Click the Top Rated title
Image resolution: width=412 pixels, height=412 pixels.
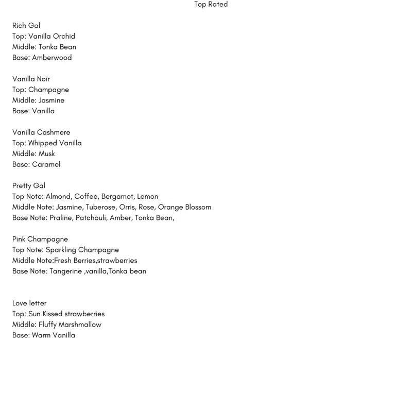211,5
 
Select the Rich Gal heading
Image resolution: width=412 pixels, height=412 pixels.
26,26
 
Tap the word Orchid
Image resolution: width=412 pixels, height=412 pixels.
64,37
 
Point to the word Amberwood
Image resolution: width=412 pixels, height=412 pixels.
51,58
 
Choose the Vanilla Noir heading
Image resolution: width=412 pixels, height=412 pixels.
31,79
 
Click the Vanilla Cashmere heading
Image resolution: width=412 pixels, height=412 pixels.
41,132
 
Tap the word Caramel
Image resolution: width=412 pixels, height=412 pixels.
46,165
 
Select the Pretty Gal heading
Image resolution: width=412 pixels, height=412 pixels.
29,186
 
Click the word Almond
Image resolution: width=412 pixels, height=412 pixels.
58,197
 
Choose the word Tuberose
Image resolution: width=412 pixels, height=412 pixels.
101,207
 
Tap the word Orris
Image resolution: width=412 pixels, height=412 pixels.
127,207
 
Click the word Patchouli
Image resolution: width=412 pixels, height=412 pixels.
91,218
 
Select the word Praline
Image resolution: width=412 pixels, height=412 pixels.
61,218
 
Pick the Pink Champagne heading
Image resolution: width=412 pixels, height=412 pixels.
40,239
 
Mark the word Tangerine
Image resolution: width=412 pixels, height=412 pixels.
65,271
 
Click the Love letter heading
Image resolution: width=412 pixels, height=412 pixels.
29,303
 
